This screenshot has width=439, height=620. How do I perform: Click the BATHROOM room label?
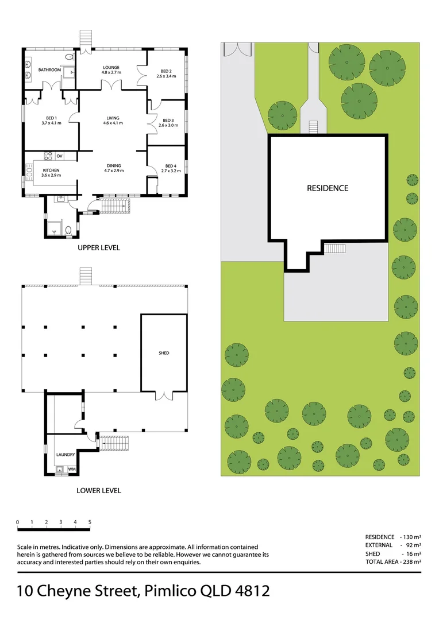click(49, 70)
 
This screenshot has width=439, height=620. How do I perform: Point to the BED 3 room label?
click(166, 122)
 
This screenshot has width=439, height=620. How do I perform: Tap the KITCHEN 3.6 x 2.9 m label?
click(51, 173)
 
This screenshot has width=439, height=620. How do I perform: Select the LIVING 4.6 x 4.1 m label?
click(112, 120)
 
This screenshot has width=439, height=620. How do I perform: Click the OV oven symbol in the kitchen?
click(59, 156)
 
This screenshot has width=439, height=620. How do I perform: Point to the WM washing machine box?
click(72, 469)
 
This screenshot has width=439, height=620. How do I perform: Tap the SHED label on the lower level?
click(164, 353)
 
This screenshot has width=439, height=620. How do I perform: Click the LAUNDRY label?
click(65, 455)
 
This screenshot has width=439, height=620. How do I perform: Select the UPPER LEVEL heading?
click(99, 248)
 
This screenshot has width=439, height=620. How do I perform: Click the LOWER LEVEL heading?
click(99, 491)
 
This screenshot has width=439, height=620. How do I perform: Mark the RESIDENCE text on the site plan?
click(328, 188)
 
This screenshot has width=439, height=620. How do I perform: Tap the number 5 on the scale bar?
click(90, 522)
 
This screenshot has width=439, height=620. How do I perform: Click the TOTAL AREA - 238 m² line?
click(393, 562)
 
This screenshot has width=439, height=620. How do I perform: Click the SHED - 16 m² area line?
click(393, 553)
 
